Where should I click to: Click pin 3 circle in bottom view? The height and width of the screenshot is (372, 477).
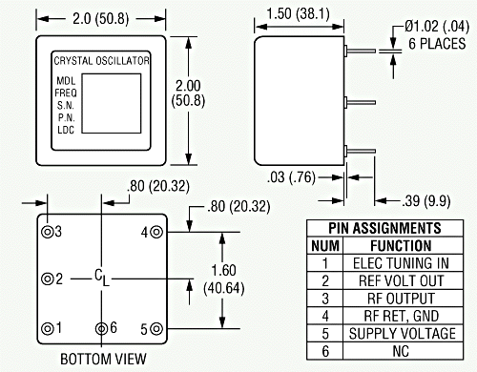click(x=48, y=232)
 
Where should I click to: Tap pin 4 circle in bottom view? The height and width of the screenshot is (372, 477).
click(x=156, y=232)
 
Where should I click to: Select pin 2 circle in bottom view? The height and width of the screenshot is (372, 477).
click(x=48, y=279)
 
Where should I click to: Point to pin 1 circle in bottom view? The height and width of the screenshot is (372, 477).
click(x=48, y=328)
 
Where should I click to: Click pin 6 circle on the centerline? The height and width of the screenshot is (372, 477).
click(x=101, y=328)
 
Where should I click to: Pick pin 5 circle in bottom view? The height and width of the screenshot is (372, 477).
click(x=156, y=328)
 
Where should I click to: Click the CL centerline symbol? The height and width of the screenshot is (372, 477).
click(x=102, y=278)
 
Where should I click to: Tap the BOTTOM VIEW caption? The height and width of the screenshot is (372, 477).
click(x=103, y=359)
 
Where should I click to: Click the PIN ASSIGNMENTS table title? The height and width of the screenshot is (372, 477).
click(x=384, y=228)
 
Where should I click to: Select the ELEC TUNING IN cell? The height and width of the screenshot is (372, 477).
click(x=401, y=263)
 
